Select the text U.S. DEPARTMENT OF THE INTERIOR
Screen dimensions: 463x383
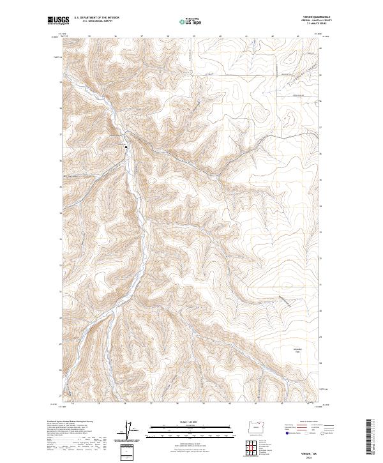click(96, 18)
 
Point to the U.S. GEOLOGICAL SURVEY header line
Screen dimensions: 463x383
click(96, 21)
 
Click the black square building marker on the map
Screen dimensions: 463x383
click(126, 147)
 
